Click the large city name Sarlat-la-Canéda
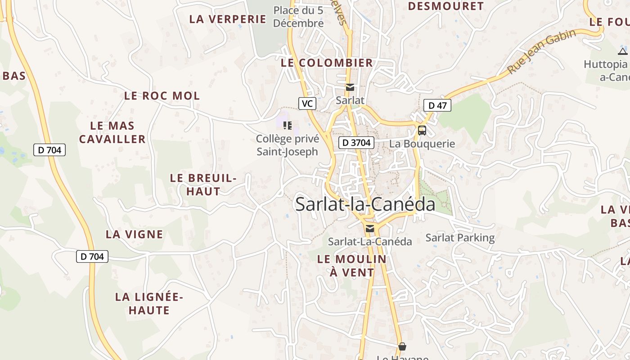click(x=365, y=204)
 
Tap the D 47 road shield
click(x=437, y=106)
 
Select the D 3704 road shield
click(x=356, y=143)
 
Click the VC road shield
click(x=307, y=103)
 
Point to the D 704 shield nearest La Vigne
click(x=92, y=256)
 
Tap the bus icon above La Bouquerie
click(x=422, y=130)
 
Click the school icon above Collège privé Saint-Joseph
click(x=287, y=125)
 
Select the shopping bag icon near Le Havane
click(x=402, y=346)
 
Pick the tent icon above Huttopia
click(x=622, y=51)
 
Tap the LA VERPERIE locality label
click(x=228, y=19)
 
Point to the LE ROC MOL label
click(x=162, y=96)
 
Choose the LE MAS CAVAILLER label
click(x=112, y=132)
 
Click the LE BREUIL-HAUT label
click(x=203, y=184)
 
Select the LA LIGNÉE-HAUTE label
click(x=149, y=303)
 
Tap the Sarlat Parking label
click(x=460, y=238)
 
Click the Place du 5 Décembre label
click(x=298, y=16)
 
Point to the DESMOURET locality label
click(x=445, y=6)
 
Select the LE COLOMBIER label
click(x=327, y=63)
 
